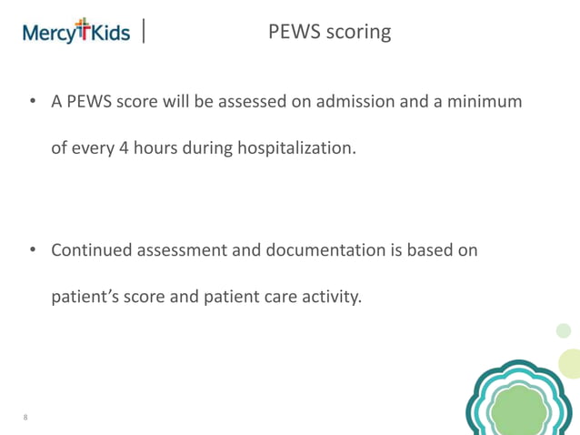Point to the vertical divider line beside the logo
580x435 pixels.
tap(145, 33)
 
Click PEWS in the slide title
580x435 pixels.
tap(291, 32)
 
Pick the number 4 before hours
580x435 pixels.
tap(125, 147)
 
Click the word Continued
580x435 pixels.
tap(92, 249)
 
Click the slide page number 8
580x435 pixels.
tap(25, 418)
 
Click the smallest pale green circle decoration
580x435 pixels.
tap(564, 330)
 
